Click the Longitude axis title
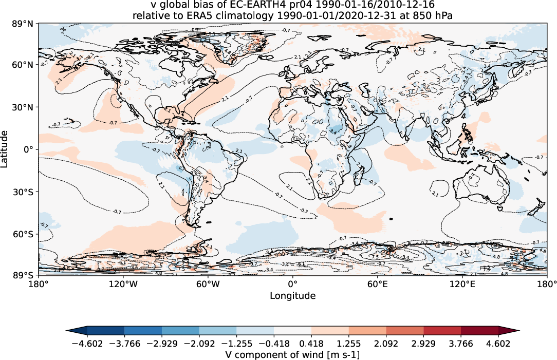tap(292, 296)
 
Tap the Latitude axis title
tap(6, 149)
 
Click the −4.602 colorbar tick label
tap(87, 343)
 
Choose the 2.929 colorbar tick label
tap(424, 343)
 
